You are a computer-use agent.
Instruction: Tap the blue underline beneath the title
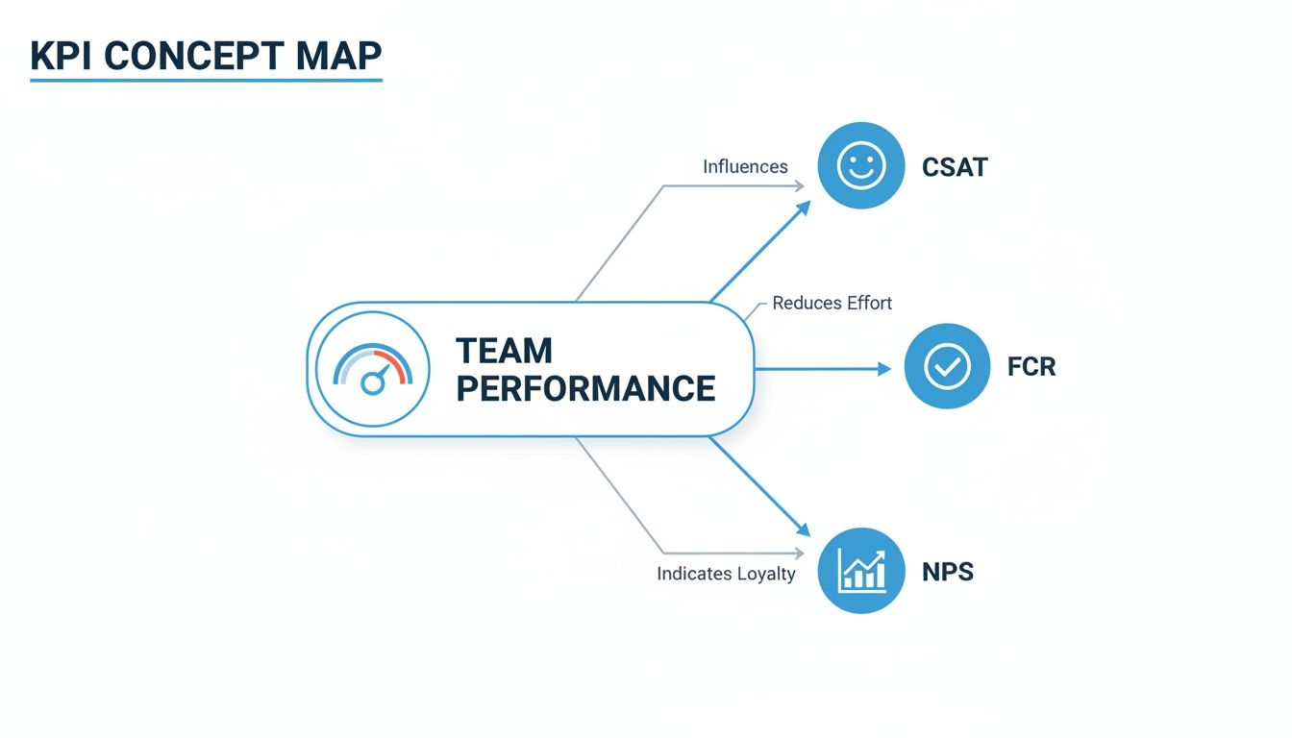[x=206, y=80]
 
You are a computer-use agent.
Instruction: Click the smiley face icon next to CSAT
[x=860, y=166]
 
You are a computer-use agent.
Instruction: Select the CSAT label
[x=955, y=167]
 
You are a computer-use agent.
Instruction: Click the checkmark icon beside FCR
[x=947, y=366]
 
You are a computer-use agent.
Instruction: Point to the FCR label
[x=1031, y=367]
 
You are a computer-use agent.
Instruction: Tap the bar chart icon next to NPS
[x=860, y=571]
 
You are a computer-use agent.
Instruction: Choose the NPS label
[x=948, y=572]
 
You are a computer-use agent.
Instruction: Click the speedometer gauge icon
[x=372, y=369]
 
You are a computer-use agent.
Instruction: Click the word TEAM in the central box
[x=504, y=350]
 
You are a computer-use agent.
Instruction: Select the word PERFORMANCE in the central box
[x=585, y=388]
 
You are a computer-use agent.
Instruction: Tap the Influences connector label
[x=745, y=166]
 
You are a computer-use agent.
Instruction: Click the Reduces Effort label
[x=832, y=304]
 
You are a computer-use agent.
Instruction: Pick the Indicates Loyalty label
[x=726, y=574]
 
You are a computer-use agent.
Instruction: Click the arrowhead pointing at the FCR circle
[x=885, y=368]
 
